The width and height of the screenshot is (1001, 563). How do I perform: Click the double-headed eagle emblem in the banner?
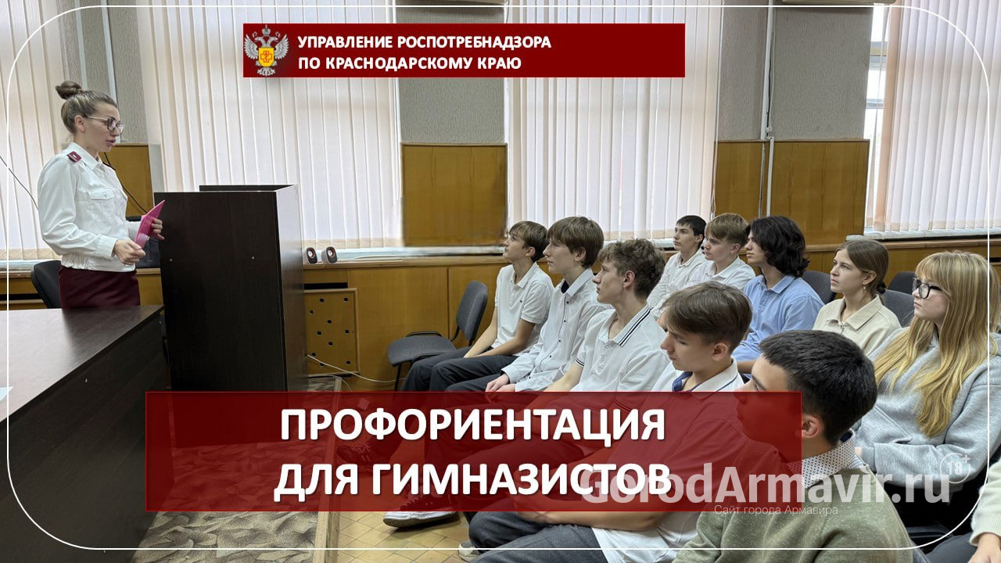point(266,51)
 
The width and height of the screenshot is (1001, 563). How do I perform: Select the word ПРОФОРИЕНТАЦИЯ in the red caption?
point(472,427)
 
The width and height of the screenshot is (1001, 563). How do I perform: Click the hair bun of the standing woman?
point(69,89)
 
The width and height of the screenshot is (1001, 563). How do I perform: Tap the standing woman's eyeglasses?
point(108,123)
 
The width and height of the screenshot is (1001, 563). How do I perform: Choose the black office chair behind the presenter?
point(46,283)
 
